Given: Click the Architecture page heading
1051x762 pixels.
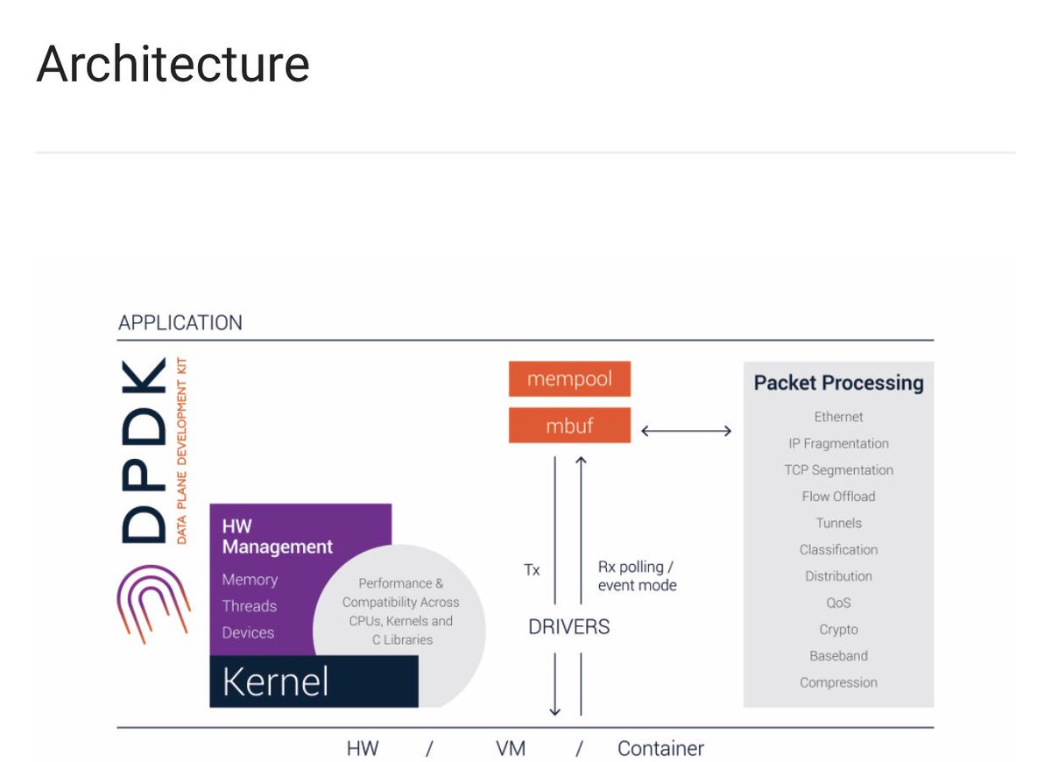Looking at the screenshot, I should pyautogui.click(x=173, y=64).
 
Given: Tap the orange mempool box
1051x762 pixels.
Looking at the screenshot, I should pyautogui.click(x=569, y=379).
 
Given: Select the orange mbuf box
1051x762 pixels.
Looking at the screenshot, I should pyautogui.click(x=569, y=426).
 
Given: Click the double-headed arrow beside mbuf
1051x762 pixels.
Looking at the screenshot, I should pyautogui.click(x=687, y=430).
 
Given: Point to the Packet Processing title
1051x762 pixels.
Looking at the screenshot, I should pyautogui.click(x=838, y=383).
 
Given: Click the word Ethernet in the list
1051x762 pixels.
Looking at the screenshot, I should pyautogui.click(x=838, y=417).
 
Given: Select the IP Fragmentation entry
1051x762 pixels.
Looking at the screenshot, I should pyautogui.click(x=838, y=443).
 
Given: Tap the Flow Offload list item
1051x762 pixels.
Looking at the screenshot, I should pyautogui.click(x=838, y=497).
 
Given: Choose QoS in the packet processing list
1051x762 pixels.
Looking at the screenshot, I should pyautogui.click(x=838, y=603).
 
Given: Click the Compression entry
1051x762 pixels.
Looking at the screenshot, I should pyautogui.click(x=838, y=682).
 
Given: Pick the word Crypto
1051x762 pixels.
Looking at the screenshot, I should pyautogui.click(x=838, y=630).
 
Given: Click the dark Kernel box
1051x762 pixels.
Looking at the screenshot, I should pyautogui.click(x=313, y=681).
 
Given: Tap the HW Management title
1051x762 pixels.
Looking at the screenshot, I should pyautogui.click(x=277, y=536).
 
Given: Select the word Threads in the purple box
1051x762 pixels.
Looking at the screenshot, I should pyautogui.click(x=249, y=606).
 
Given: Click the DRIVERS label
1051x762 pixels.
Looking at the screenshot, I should pyautogui.click(x=568, y=627).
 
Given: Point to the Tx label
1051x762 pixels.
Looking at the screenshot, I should pyautogui.click(x=532, y=570).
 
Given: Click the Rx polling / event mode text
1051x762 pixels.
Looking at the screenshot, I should pyautogui.click(x=637, y=576).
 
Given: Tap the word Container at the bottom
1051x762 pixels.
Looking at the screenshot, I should pyautogui.click(x=660, y=749).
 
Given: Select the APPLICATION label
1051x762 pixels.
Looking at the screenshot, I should pyautogui.click(x=180, y=322).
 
